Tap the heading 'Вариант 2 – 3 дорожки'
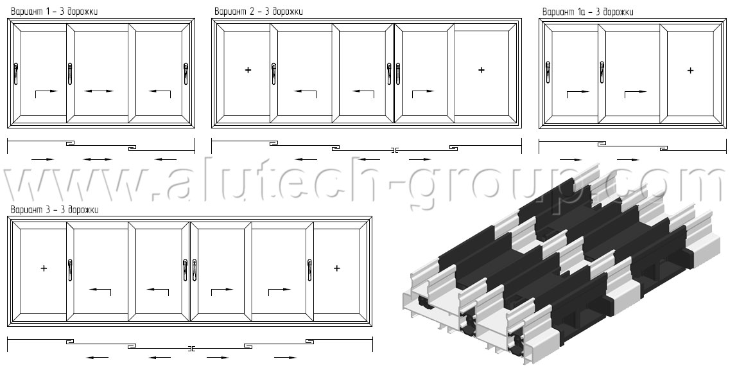tap(258, 12)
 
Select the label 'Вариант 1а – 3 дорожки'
tap(587, 12)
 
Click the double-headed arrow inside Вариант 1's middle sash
tap(99, 91)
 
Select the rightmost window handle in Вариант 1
tap(186, 74)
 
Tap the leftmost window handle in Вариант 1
tap(16, 74)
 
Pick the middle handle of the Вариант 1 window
tap(70, 74)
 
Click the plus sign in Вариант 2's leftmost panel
tap(248, 70)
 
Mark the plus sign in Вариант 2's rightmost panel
tap(481, 70)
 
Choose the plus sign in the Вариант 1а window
tap(690, 71)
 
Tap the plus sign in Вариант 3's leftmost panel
tap(44, 268)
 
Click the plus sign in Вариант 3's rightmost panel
tap(336, 268)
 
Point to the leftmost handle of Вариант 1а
tap(548, 74)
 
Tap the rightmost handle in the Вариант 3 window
tap(309, 271)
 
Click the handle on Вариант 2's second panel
tap(273, 74)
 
